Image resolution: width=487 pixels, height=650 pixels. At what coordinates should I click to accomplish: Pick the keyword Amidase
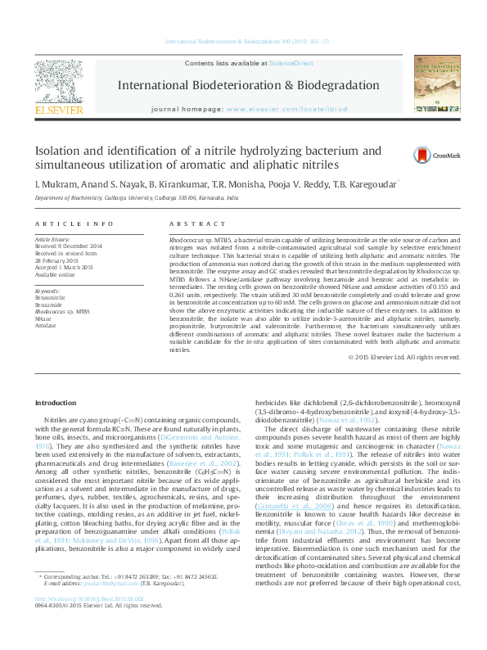pos(46,325)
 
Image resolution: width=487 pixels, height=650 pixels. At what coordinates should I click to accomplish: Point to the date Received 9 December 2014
pos(68,246)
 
